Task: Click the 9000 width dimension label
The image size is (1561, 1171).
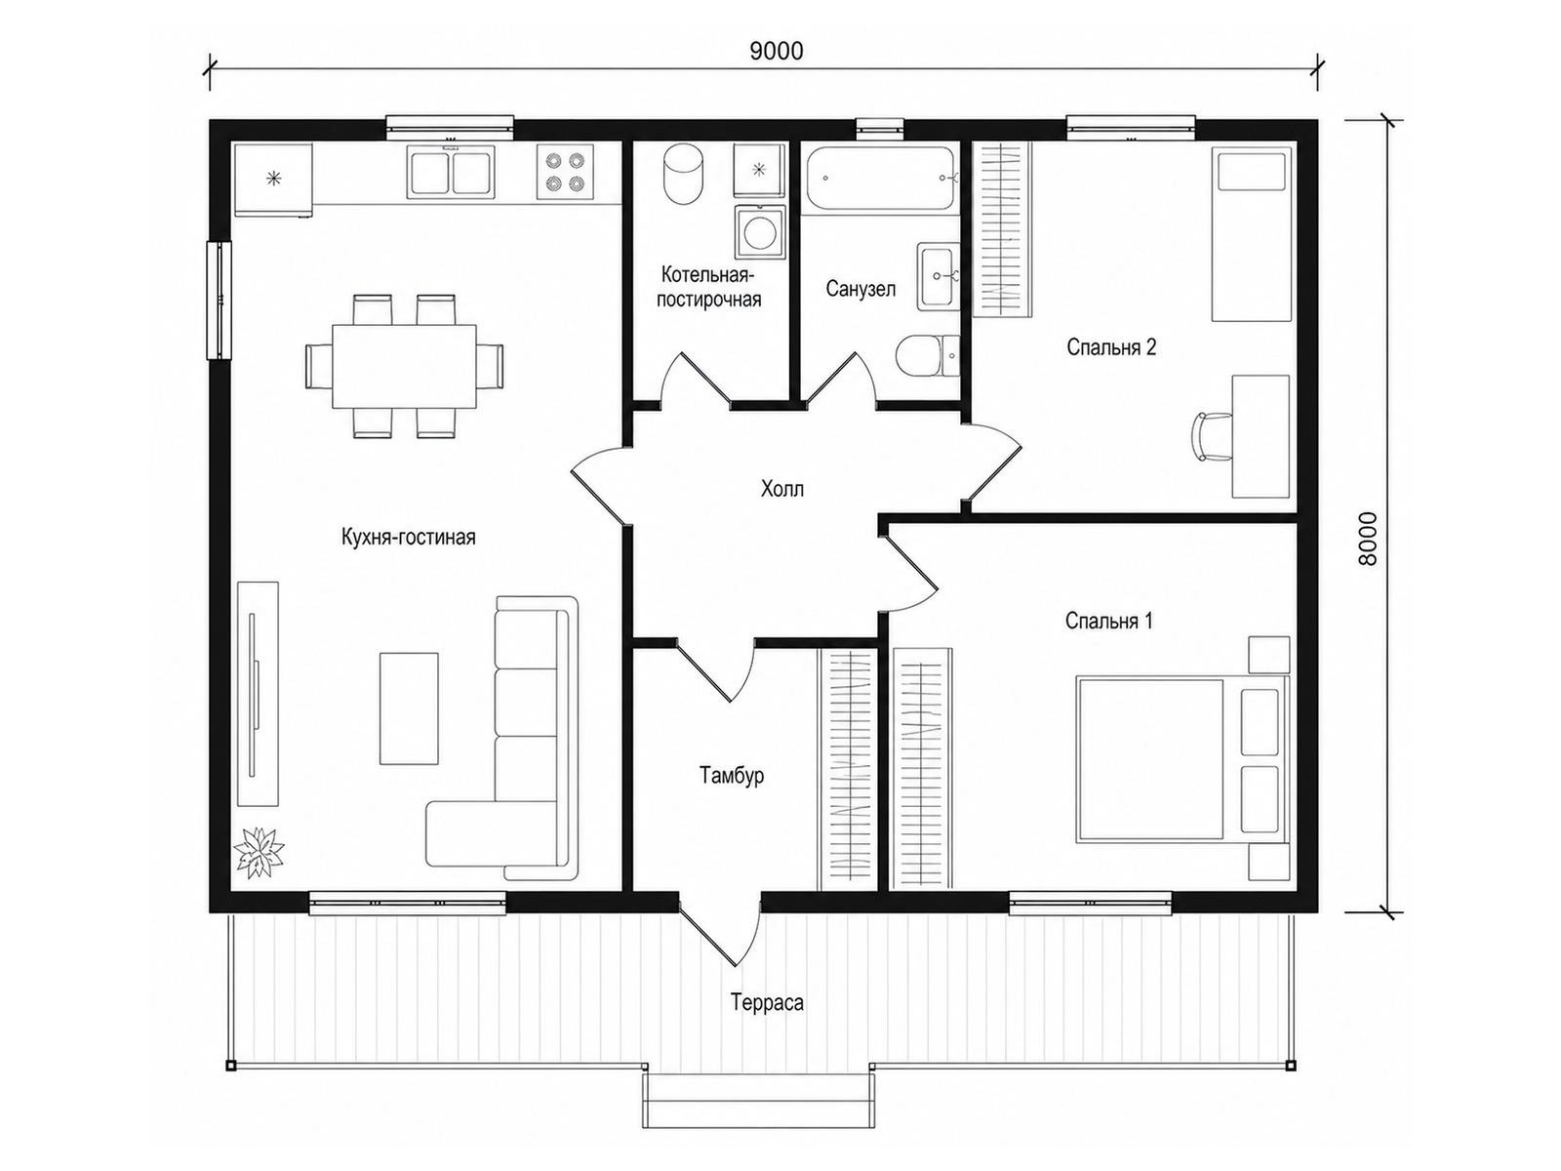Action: coord(776,51)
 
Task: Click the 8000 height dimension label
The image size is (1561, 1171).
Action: coord(1367,539)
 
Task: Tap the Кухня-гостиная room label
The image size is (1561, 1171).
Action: coord(408,537)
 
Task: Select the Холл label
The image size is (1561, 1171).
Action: coord(782,489)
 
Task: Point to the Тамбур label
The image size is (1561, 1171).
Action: coord(732,774)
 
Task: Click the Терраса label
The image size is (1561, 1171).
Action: coord(768,1002)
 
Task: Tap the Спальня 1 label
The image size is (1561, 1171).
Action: coord(1108,621)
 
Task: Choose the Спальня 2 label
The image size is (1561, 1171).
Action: coord(1111,347)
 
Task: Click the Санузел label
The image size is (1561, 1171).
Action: coord(861,289)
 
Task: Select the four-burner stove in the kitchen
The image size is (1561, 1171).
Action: coord(565,172)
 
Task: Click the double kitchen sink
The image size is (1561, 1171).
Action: coord(451,172)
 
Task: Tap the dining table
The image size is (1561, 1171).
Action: coord(405,367)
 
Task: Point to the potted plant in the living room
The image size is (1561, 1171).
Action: coord(259,853)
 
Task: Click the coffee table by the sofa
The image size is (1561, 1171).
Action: coord(409,708)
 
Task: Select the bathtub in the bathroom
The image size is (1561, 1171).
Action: coord(880,178)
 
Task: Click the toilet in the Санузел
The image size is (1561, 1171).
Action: coord(928,355)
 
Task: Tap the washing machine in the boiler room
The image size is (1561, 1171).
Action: coord(759,232)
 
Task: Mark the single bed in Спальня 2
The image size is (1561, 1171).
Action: coord(1251,234)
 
